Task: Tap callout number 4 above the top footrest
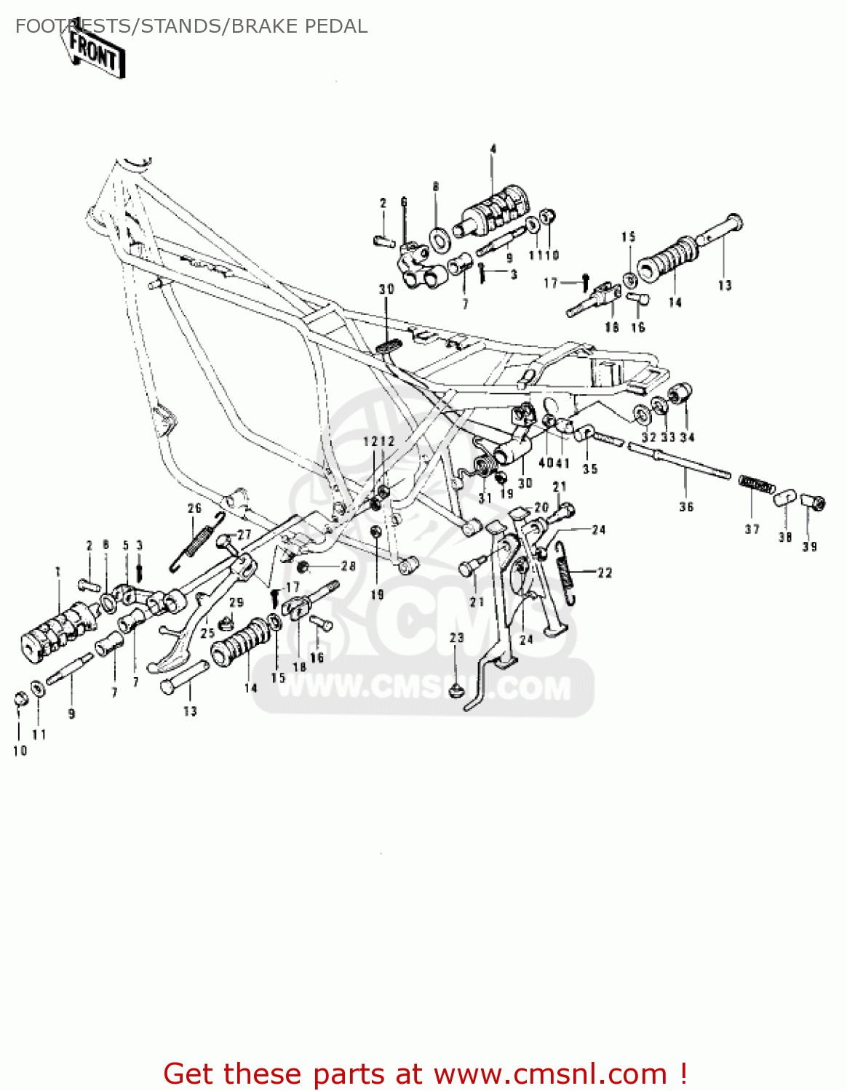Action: coord(493,149)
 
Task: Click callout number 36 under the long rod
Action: coord(686,507)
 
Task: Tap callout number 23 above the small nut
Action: coord(456,638)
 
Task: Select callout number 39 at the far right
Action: coord(810,546)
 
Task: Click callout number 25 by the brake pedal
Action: coord(207,633)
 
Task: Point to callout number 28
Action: coord(349,566)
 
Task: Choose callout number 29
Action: coord(236,602)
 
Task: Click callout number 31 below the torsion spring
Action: coord(485,498)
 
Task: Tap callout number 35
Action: coord(590,469)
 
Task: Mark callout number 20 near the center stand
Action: coord(541,508)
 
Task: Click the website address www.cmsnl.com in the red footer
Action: coord(550,1074)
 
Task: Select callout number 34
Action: coord(687,437)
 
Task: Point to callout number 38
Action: coord(784,537)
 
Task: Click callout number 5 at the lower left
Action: coord(125,545)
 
